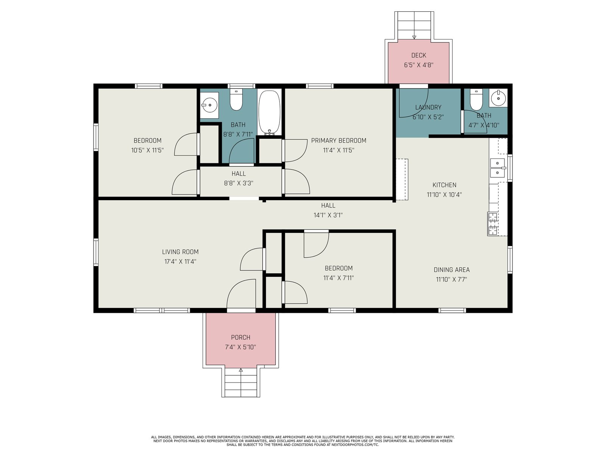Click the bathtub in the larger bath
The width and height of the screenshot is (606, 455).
[x=269, y=113]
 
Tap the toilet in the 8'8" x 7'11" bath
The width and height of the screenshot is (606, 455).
[x=236, y=100]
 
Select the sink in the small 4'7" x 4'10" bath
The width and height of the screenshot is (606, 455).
[x=498, y=98]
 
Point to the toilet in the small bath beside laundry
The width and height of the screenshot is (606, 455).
[x=476, y=100]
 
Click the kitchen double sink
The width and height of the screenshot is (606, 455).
[x=497, y=168]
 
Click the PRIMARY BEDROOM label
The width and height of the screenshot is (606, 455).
[x=339, y=140]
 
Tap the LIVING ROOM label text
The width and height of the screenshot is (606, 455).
[x=180, y=252]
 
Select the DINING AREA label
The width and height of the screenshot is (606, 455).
[x=451, y=270]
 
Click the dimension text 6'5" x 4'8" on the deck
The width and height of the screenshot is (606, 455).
[x=419, y=65]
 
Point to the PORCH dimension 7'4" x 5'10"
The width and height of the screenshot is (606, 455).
[x=241, y=347]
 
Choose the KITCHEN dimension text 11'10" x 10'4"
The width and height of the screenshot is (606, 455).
[x=444, y=195]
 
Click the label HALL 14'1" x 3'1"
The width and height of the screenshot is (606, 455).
[x=328, y=210]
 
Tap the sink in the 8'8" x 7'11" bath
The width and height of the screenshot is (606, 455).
[x=209, y=105]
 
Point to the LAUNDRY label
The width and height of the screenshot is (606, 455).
[x=428, y=107]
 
